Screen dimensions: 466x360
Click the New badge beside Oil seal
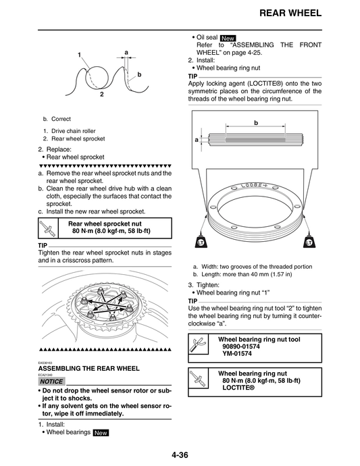pos(228,38)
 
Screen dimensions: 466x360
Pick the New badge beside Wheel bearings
pos(101,432)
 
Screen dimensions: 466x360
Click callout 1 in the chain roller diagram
pos(79,55)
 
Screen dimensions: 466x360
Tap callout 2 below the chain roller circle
pos(101,95)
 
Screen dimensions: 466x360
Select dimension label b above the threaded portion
pos(256,124)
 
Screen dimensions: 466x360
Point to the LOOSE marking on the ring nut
pos(253,184)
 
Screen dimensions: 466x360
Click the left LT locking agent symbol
pos(200,242)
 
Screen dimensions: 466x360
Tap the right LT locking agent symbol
pos(309,242)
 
